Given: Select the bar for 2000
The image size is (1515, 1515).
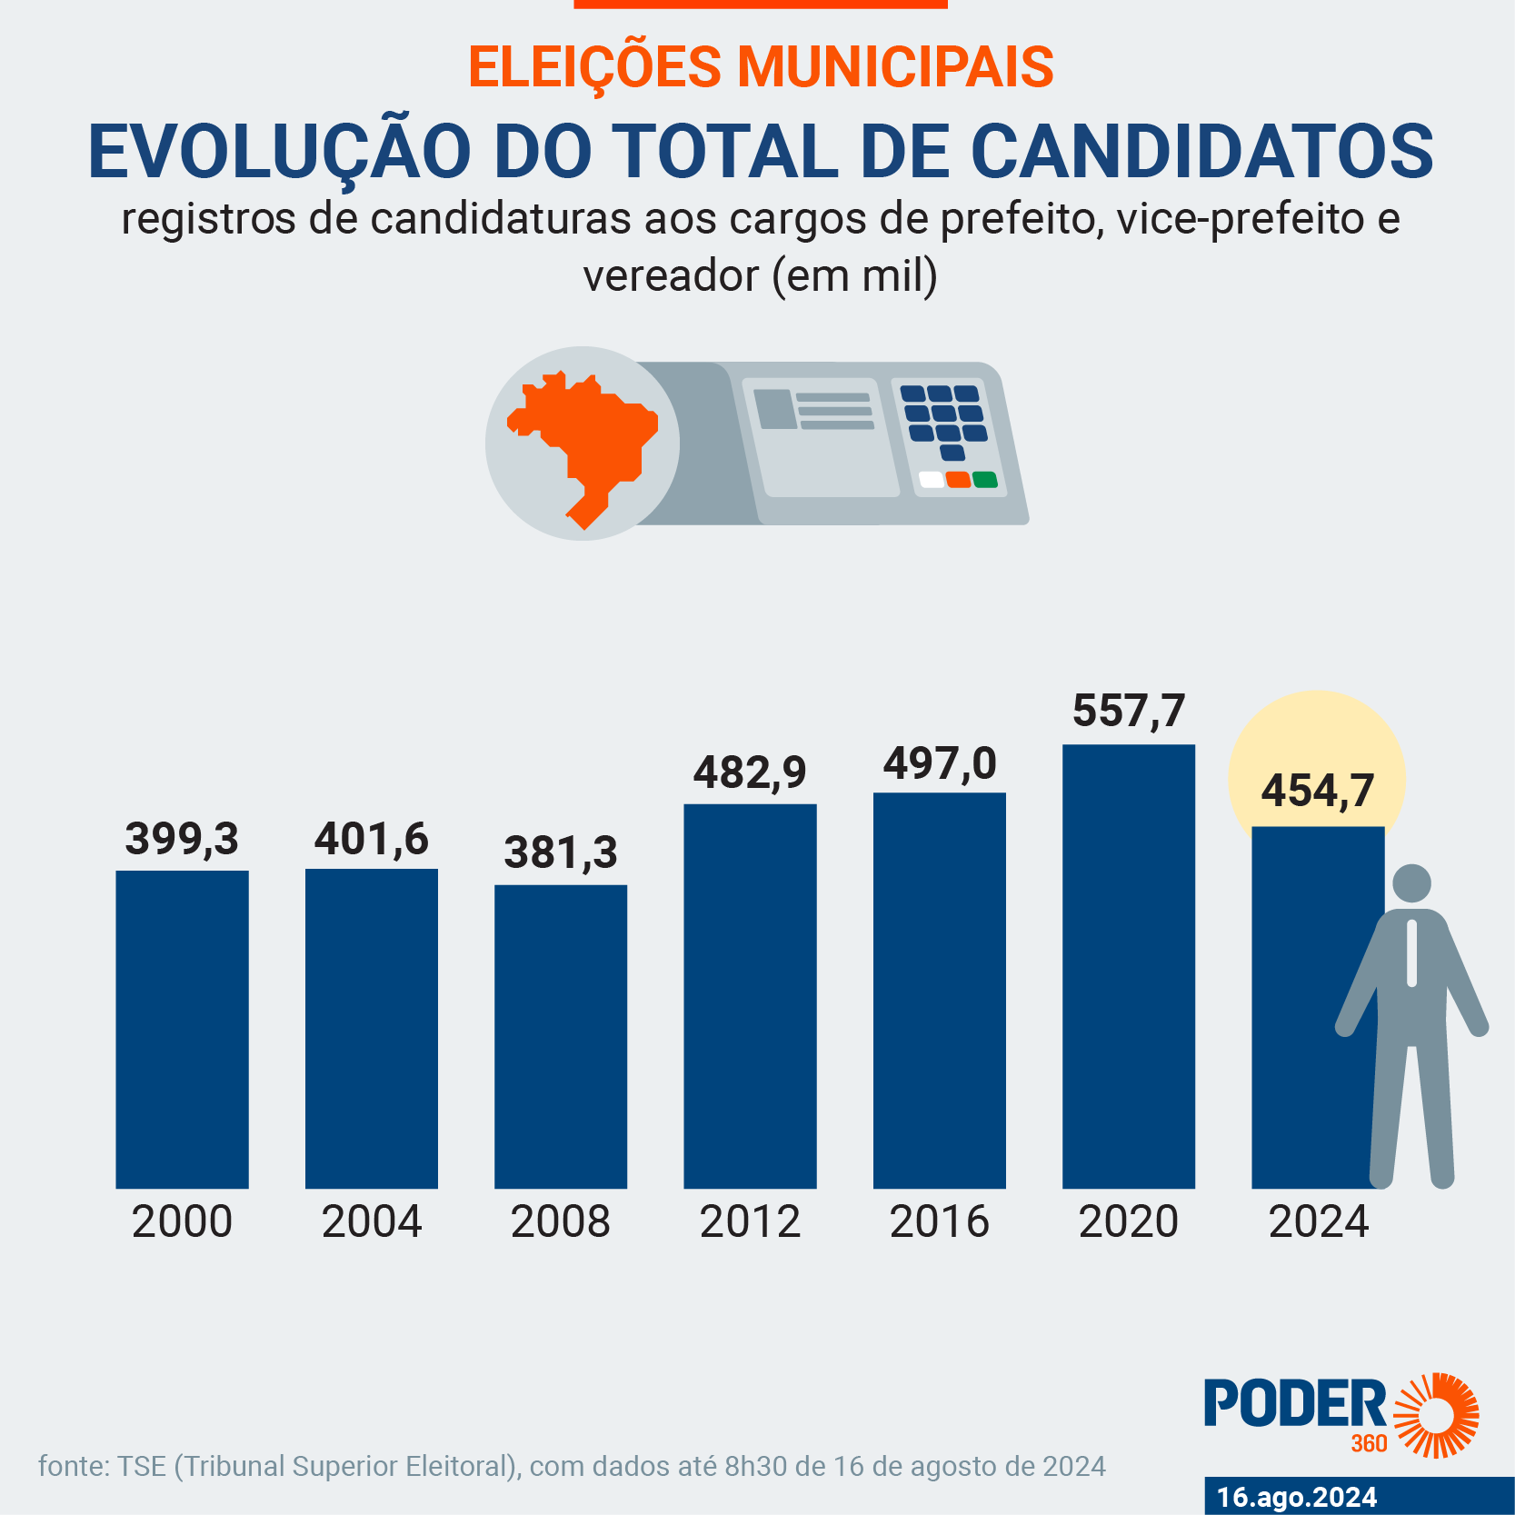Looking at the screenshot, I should pos(182,1029).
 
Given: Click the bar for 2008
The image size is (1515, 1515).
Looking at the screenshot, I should pos(561,1036).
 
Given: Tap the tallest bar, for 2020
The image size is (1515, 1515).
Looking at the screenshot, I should pos(1129,966).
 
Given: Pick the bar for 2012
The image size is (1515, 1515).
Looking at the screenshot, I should pos(750,996).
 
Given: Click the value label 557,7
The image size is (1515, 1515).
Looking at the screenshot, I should pos(1129,711).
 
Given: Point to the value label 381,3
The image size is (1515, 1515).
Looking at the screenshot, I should pos(561,852).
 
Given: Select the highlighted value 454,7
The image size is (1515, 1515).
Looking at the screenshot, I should pos(1317,791).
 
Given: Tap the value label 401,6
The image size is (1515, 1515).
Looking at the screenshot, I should pos(371,839).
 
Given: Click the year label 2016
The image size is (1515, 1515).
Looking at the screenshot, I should pos(939,1221).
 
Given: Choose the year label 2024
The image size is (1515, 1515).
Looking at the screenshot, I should pos(1318,1221).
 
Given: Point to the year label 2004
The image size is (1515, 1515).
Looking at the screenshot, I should pos(371,1221).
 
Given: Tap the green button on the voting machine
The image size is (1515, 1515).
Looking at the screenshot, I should pos(985,480).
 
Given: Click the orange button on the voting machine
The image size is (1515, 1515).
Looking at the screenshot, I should pos(958,480).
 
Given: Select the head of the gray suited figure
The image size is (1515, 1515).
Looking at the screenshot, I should pos(1411,883).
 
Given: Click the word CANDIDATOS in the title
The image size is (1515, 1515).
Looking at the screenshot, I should pos(1201,151).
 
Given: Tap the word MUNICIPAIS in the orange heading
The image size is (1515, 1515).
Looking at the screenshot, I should pos(895,67).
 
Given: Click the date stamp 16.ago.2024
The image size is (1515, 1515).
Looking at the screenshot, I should pos(1297,1497).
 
